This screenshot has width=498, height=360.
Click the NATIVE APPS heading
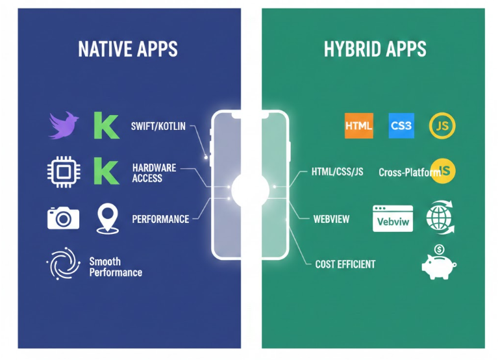click(x=128, y=49)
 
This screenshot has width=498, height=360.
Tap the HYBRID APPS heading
click(x=375, y=49)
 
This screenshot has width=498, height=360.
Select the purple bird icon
click(x=64, y=125)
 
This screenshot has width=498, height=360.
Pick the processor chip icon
click(x=64, y=172)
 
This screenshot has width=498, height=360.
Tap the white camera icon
click(x=64, y=218)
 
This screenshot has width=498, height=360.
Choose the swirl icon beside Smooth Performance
click(x=63, y=266)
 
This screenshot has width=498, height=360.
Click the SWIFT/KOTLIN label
click(x=158, y=126)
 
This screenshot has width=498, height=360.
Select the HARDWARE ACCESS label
click(x=154, y=173)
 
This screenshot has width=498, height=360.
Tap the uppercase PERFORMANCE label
click(x=160, y=219)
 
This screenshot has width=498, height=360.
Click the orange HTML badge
click(x=359, y=125)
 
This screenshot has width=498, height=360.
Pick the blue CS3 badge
click(x=401, y=125)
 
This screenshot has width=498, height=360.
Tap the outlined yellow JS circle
click(x=442, y=125)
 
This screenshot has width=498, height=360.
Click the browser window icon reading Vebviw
click(x=393, y=219)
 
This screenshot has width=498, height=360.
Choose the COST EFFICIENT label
click(x=345, y=264)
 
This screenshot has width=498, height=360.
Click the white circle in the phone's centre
click(x=250, y=189)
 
